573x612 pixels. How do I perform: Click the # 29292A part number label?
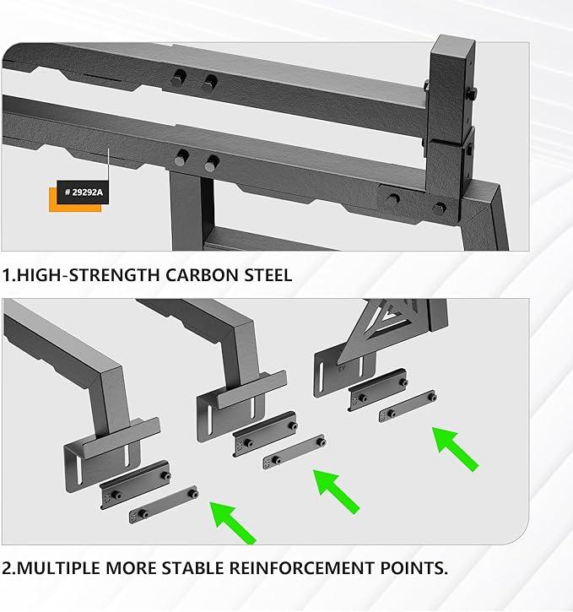coord(84,192)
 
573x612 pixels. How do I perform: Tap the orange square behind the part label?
coord(57,206)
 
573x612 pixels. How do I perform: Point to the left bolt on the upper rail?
coord(178,79)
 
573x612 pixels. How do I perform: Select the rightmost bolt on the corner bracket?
coord(439,206)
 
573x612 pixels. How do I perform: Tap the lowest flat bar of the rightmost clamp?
coord(408,405)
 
